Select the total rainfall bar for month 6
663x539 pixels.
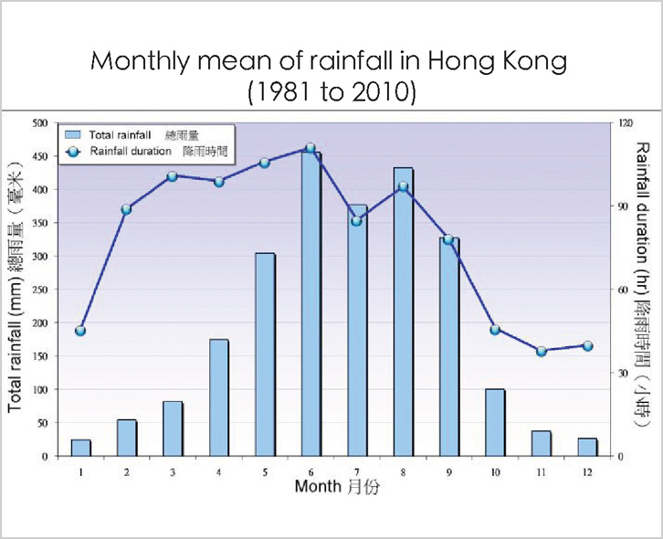tap(311, 304)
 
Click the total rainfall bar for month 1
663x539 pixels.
tap(80, 448)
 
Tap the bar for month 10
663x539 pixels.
tap(495, 423)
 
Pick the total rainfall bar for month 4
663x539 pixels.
tap(219, 397)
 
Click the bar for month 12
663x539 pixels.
tap(587, 448)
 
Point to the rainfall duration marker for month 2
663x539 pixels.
tap(126, 209)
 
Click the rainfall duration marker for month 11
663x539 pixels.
tap(542, 352)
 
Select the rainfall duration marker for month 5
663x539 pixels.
tap(265, 163)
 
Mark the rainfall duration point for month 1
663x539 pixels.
tap(80, 331)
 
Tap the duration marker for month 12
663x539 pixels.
tap(587, 346)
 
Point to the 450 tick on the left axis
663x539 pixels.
tap(40, 156)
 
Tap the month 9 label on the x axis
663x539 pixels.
tap(448, 472)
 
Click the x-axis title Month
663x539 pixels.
tap(318, 486)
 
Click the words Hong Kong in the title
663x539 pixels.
tap(497, 62)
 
